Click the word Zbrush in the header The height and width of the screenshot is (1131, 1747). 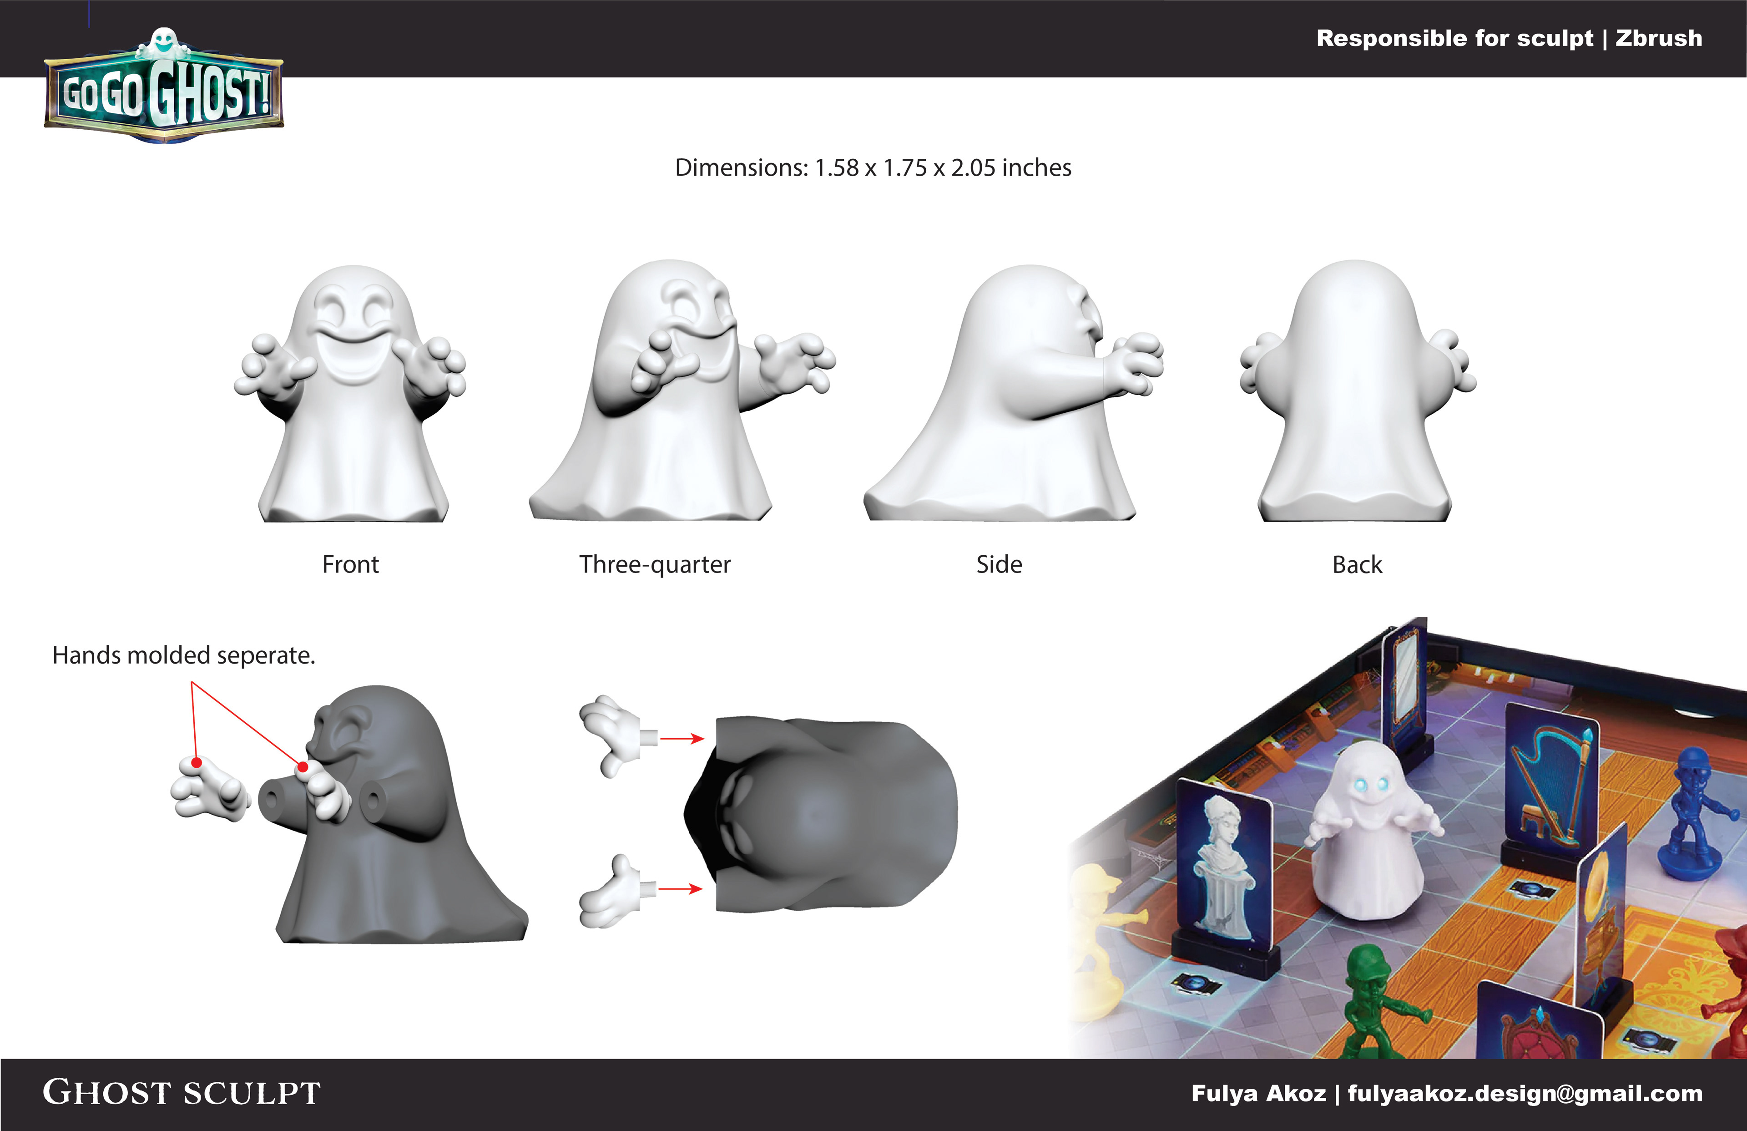coord(1658,38)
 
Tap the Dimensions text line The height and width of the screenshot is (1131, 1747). coord(873,167)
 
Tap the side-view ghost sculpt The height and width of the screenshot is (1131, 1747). coord(1013,393)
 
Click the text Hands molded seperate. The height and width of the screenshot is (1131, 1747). coord(183,655)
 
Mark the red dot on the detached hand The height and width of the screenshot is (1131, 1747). coord(197,763)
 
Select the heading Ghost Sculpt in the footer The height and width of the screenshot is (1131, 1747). coord(182,1093)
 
